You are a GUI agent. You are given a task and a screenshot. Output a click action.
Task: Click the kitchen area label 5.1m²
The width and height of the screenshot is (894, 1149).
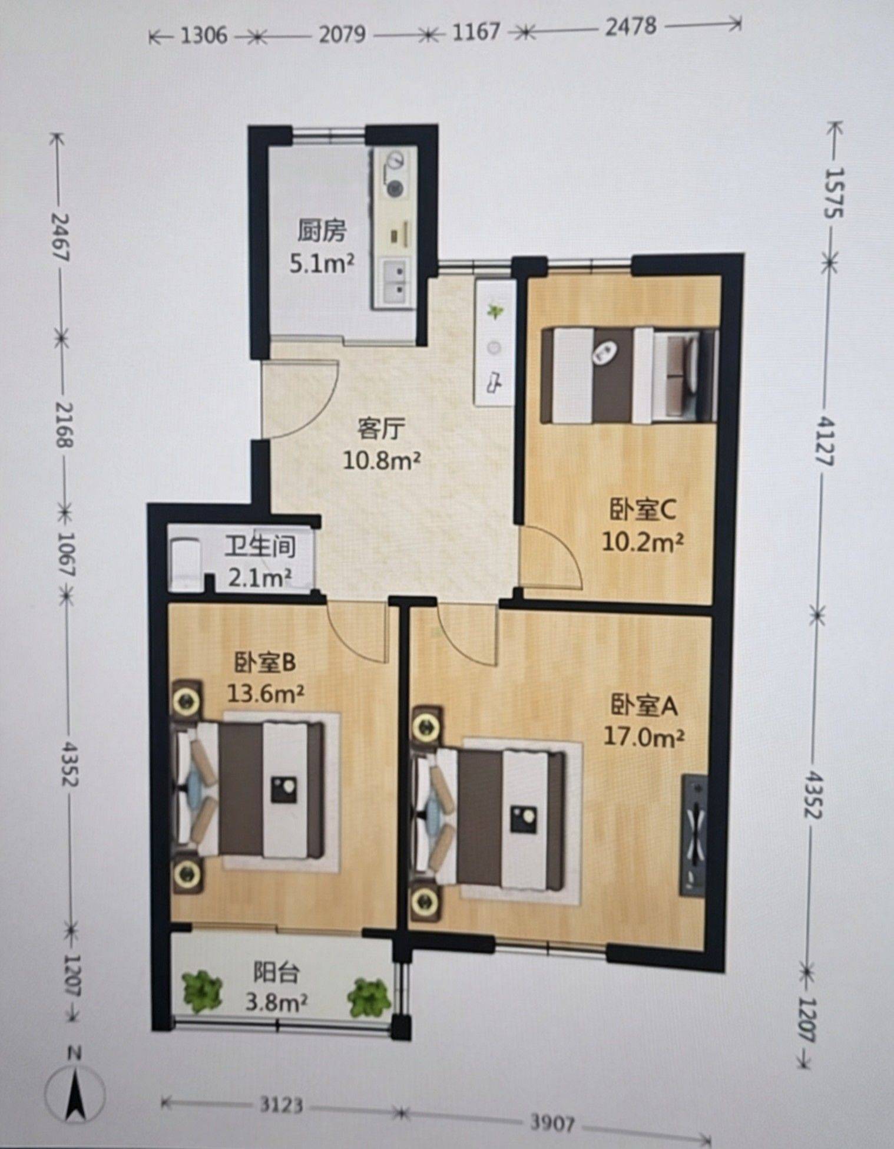(322, 263)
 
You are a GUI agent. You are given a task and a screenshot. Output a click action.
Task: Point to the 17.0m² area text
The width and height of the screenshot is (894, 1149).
(644, 737)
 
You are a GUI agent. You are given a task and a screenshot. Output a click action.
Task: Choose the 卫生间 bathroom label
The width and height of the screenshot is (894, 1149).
(260, 547)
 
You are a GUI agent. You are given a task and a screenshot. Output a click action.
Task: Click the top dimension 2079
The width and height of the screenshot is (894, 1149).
(342, 35)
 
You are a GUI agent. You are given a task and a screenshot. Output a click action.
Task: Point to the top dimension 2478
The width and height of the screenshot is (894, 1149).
(630, 27)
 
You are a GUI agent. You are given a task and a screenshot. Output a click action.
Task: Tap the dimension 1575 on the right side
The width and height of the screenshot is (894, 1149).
(833, 193)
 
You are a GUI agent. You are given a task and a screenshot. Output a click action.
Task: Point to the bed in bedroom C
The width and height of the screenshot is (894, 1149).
(629, 375)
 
